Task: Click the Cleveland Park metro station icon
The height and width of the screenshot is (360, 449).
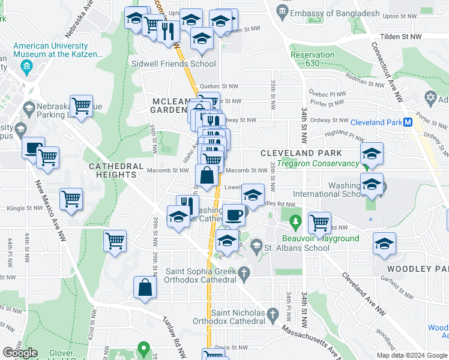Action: [x=408, y=122]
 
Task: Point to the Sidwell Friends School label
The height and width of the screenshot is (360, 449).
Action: [x=174, y=64]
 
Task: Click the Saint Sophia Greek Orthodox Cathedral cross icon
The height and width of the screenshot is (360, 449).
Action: [x=244, y=275]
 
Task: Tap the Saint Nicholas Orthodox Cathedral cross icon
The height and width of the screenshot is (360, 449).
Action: [x=273, y=314]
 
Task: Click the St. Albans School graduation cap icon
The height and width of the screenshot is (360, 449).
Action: [x=257, y=246]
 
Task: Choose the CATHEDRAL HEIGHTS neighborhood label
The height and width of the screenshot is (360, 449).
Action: [x=116, y=170]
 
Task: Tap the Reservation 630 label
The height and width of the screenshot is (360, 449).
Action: [x=312, y=59]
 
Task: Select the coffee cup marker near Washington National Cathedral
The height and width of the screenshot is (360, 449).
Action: [x=234, y=214]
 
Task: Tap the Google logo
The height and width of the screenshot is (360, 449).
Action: [x=20, y=353]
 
